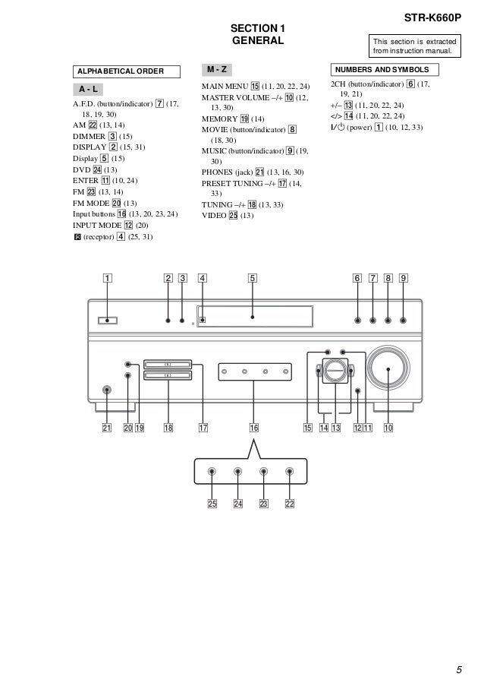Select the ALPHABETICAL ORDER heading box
pyautogui.click(x=126, y=71)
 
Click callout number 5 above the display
pyautogui.click(x=252, y=278)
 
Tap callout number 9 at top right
pyautogui.click(x=404, y=278)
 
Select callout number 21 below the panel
pyautogui.click(x=107, y=428)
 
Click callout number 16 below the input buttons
pyautogui.click(x=254, y=428)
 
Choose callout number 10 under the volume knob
pyautogui.click(x=388, y=428)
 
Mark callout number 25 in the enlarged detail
pyautogui.click(x=212, y=504)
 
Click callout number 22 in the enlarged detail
pyautogui.click(x=290, y=504)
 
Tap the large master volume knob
pyautogui.click(x=388, y=369)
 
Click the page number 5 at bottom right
pyautogui.click(x=459, y=669)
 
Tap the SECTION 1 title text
pyautogui.click(x=258, y=28)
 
